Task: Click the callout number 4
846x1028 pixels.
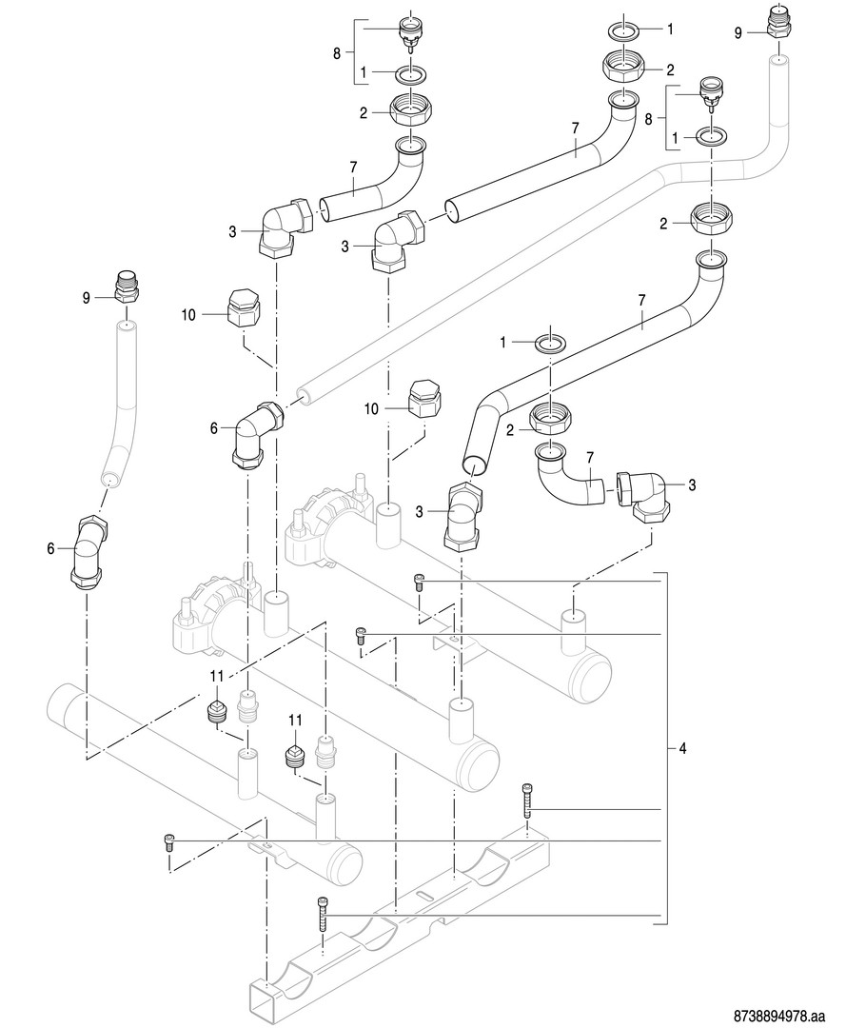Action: (682, 749)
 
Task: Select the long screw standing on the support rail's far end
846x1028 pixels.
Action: (527, 801)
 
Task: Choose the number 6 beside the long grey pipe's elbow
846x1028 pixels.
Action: (215, 429)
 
